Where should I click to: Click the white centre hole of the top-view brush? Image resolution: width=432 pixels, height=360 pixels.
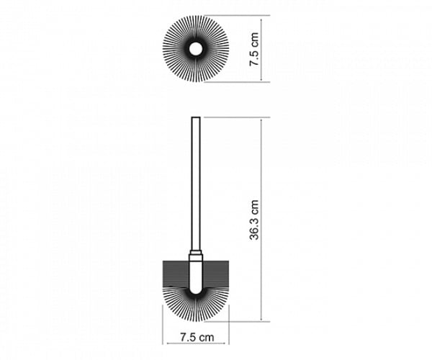coord(196,49)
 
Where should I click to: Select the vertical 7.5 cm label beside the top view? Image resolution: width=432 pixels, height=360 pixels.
coord(254,49)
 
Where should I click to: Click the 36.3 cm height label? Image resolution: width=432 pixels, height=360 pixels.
coord(255,220)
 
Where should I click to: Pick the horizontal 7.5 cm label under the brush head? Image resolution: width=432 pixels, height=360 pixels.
coord(197,337)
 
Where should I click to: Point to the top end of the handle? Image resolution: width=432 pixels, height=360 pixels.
coord(196,117)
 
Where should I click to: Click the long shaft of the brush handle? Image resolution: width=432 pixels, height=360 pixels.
coord(196,183)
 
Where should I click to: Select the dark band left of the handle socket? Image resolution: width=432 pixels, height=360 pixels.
coord(176,274)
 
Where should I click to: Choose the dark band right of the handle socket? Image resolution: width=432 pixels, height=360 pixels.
coord(216,274)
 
